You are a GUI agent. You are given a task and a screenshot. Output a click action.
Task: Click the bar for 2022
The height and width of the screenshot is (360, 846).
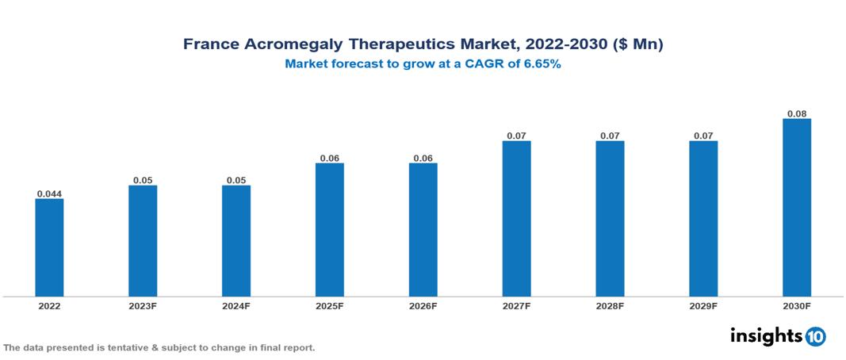coord(49,247)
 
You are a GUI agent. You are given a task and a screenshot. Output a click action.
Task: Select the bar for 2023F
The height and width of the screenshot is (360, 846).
coord(143,241)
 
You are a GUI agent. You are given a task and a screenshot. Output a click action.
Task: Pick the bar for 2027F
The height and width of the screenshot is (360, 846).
coord(516,219)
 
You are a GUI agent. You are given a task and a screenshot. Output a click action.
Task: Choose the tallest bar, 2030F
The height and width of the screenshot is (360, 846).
coord(797,208)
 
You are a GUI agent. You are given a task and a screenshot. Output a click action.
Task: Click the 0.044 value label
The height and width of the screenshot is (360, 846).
coord(49,193)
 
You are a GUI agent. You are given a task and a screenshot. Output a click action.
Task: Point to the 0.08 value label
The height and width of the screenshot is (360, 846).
coord(797,113)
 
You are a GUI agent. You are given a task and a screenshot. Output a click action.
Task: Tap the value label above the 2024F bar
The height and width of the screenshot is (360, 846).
coord(236,180)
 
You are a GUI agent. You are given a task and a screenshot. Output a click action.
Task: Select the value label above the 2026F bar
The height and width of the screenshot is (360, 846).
coord(423,158)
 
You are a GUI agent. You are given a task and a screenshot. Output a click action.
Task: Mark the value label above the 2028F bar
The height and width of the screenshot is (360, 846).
coord(610,136)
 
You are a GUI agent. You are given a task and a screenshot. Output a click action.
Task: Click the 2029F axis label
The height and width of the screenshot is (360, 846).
coord(703,306)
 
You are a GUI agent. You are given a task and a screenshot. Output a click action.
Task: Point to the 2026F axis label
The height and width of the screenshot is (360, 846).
coord(423,306)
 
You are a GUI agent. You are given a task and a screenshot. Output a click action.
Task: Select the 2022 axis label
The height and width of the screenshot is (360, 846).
coord(49,306)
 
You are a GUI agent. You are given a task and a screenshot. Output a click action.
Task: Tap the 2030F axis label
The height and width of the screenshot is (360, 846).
coord(797,306)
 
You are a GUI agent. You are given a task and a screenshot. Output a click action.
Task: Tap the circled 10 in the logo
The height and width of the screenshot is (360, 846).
coord(816,336)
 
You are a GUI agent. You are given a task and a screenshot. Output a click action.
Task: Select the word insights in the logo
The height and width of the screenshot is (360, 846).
coord(766,335)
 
